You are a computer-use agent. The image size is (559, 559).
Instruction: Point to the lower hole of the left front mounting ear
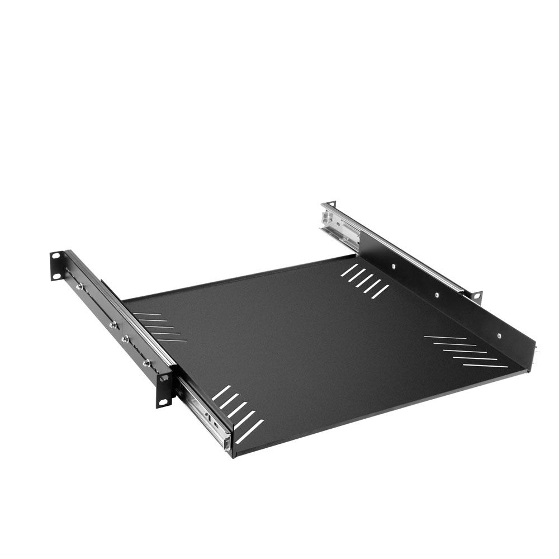pyautogui.click(x=163, y=401)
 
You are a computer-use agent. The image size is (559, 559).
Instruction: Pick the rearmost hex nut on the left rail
pyautogui.click(x=79, y=286)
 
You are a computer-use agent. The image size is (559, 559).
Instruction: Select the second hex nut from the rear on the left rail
pyautogui.click(x=113, y=324)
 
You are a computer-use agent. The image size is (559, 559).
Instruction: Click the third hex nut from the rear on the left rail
pyautogui.click(x=125, y=338)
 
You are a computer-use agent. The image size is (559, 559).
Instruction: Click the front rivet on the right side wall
pyautogui.click(x=499, y=336)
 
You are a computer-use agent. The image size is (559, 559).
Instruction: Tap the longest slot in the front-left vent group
pyautogui.click(x=249, y=431)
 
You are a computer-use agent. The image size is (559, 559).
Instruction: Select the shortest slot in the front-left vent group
pyautogui.click(x=221, y=393)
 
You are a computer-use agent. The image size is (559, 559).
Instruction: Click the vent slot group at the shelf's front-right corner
pyautogui.click(x=465, y=351)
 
